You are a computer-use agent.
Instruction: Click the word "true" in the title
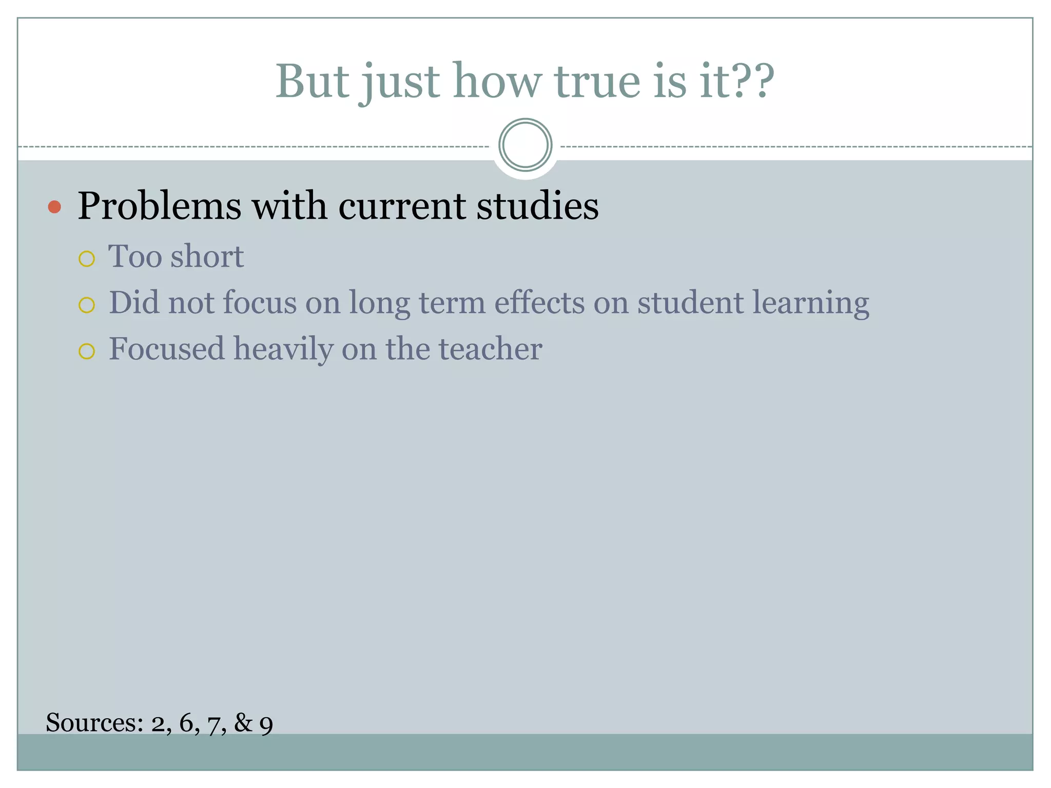(x=597, y=82)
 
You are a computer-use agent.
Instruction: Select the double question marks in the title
(x=753, y=82)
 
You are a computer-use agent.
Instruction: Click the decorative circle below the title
(x=525, y=145)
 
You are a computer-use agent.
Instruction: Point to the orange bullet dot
(x=54, y=207)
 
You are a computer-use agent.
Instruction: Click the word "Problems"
(x=159, y=206)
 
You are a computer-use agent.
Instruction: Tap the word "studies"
(x=537, y=206)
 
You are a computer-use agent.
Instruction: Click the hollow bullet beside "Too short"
(x=87, y=259)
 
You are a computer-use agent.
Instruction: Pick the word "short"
(x=207, y=256)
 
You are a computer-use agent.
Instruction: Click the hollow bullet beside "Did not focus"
(x=87, y=305)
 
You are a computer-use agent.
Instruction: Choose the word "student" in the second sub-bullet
(x=690, y=302)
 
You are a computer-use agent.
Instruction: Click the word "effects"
(x=539, y=302)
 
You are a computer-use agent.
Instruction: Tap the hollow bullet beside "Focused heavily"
(x=87, y=351)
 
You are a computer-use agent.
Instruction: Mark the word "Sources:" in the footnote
(x=94, y=723)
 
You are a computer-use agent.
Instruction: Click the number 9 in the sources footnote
(x=266, y=725)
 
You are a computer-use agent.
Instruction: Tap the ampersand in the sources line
(x=243, y=723)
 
